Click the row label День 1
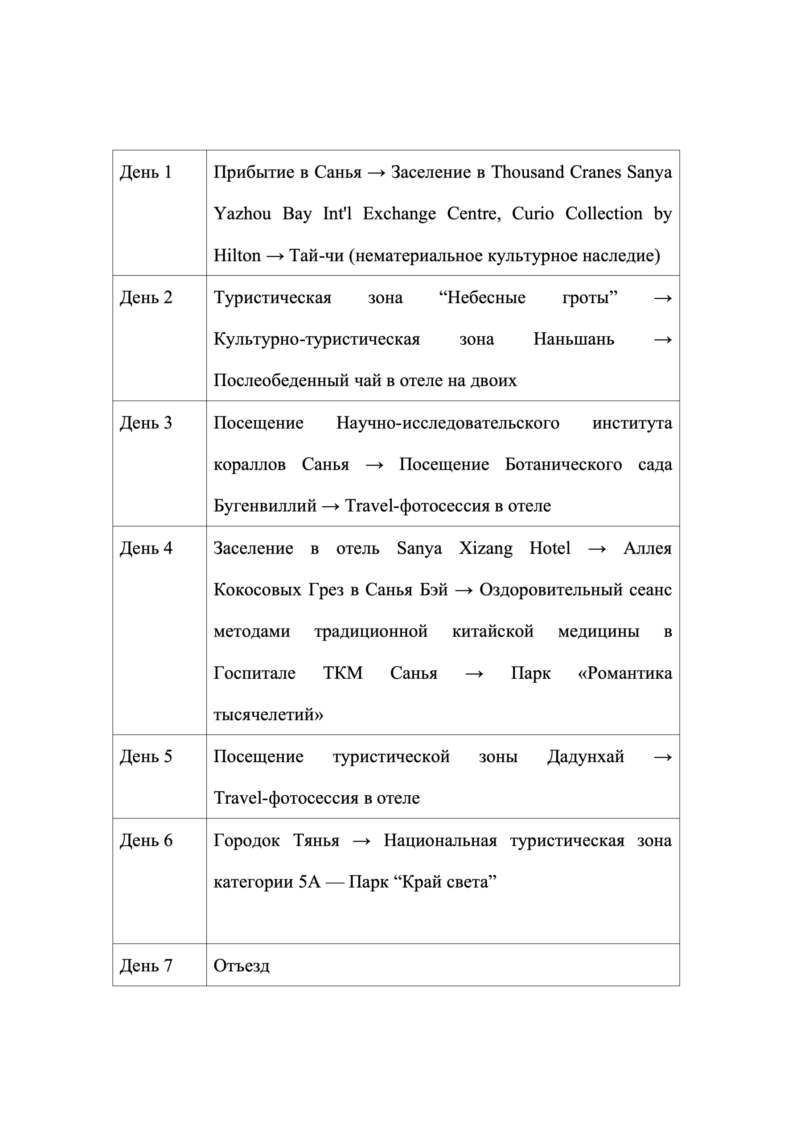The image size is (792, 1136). (145, 172)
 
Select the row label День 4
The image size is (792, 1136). (146, 548)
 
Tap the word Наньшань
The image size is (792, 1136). (574, 339)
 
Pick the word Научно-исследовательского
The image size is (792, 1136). (447, 422)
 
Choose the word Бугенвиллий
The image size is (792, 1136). (264, 506)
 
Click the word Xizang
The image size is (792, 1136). (485, 548)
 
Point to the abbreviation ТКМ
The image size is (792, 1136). (343, 673)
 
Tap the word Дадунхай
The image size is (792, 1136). (586, 756)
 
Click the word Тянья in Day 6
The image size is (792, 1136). (316, 840)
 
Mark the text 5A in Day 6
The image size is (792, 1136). (309, 882)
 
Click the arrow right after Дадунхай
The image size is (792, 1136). (662, 757)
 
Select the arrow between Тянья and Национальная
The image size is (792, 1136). (361, 841)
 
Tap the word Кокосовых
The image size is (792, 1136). (257, 590)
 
